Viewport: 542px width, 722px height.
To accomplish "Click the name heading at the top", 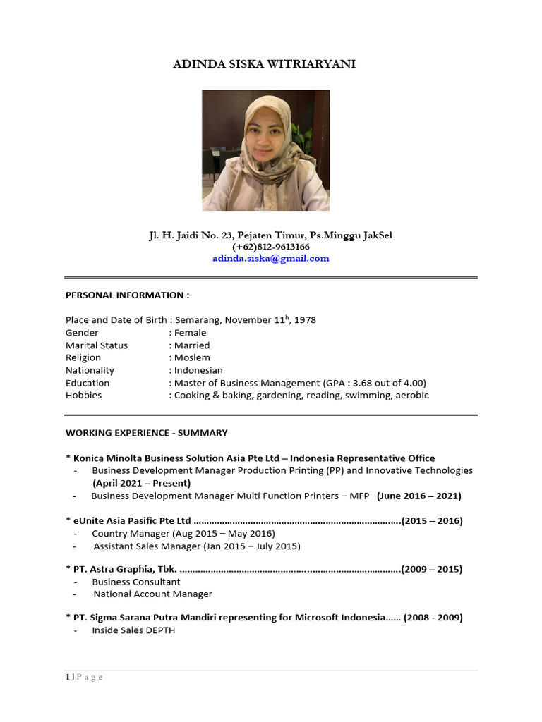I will coord(265,64).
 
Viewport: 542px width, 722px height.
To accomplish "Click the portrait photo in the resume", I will coord(266,150).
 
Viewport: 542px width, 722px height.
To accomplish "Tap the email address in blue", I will coord(271,258).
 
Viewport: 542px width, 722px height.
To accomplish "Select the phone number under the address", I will coord(271,247).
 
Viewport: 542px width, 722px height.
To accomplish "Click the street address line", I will coord(271,235).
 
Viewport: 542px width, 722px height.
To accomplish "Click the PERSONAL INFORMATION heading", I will coord(127,295).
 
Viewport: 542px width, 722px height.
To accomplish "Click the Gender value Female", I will coord(191,333).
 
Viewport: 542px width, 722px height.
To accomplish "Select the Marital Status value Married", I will coord(192,345).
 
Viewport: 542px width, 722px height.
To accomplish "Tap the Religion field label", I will coord(83,358).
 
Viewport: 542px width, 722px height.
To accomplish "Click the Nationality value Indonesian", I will coord(198,370).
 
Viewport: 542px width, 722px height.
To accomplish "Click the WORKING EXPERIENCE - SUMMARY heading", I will coord(147,432).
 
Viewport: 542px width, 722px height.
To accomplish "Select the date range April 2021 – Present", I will coord(141,484).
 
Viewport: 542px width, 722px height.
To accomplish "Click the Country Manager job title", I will coord(131,534).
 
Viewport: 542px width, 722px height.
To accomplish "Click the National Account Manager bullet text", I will coord(153,594).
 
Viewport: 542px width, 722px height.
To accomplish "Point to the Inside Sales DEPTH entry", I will coord(133,630).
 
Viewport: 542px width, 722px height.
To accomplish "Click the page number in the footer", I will coord(68,678).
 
